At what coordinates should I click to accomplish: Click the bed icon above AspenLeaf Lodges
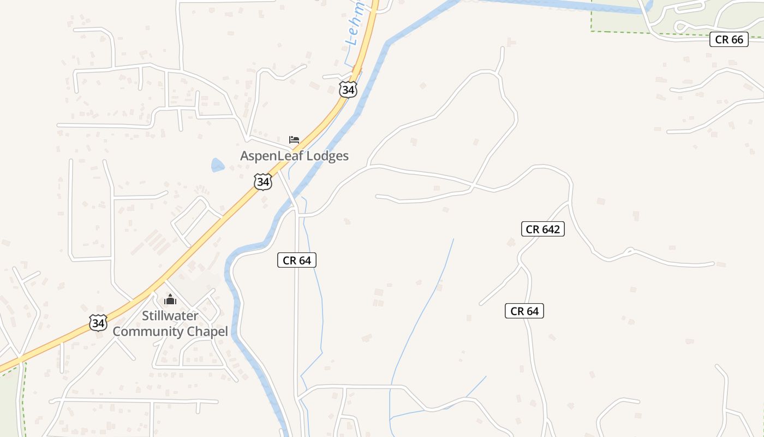[x=294, y=140]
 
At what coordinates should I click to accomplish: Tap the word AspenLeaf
[x=271, y=156]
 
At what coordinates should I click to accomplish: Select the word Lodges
[x=327, y=156]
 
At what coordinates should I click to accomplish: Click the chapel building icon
[x=170, y=299]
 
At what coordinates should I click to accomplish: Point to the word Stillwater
[x=170, y=316]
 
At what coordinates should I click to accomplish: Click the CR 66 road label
[x=729, y=39]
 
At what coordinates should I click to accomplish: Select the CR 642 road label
[x=542, y=229]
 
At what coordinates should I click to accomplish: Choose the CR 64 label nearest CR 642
[x=524, y=311]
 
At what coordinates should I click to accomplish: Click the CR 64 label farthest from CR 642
[x=297, y=261]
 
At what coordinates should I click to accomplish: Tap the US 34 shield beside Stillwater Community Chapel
[x=98, y=323]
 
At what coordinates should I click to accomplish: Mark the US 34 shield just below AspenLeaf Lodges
[x=263, y=182]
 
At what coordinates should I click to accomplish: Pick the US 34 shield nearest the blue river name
[x=348, y=90]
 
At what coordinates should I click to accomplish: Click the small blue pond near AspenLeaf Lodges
[x=217, y=165]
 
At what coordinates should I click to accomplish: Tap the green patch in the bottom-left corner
[x=10, y=404]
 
